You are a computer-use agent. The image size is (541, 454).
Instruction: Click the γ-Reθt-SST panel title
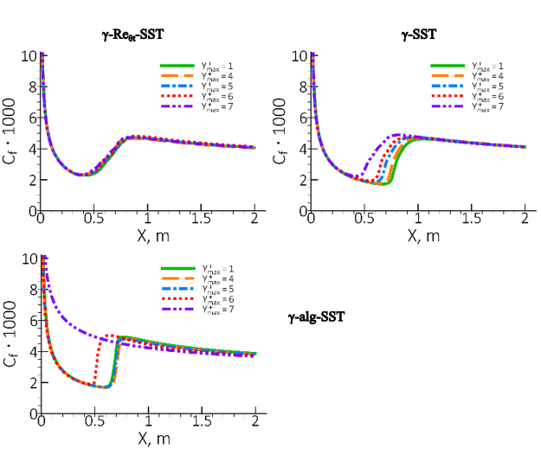[x=133, y=35]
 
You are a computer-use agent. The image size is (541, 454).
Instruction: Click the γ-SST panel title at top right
[x=419, y=35]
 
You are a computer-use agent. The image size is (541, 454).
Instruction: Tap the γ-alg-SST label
[x=316, y=317]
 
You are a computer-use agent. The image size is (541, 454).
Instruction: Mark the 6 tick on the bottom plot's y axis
[x=31, y=321]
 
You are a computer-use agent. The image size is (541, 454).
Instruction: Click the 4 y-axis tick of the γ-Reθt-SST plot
[x=31, y=149]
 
